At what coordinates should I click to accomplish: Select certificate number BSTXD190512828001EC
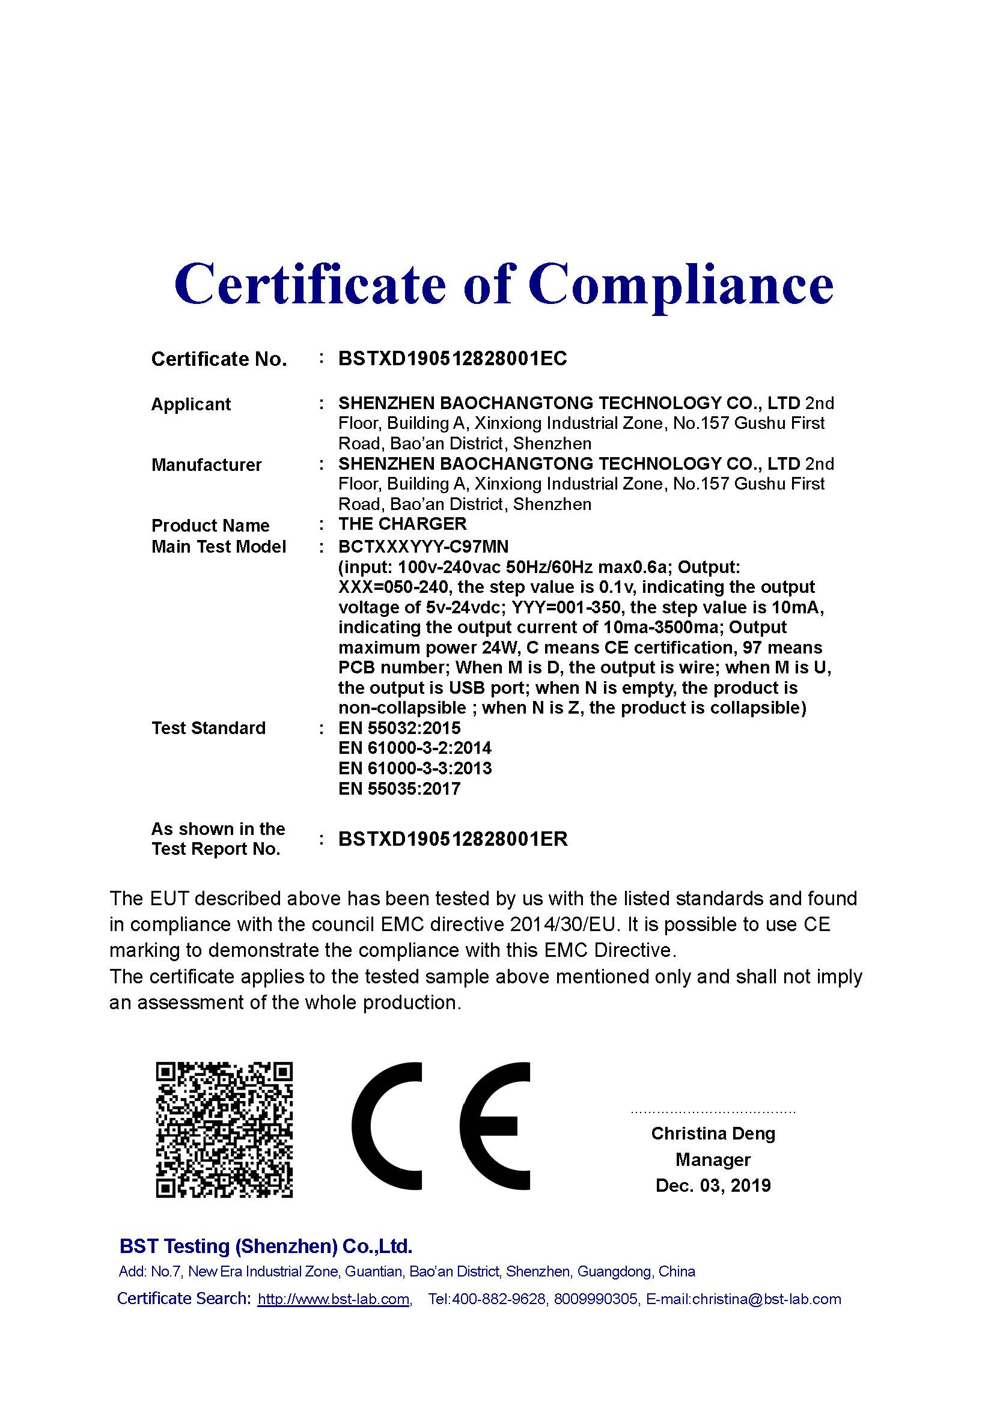coord(453,359)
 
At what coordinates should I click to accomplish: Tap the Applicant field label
coord(191,404)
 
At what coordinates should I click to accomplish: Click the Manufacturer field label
coord(206,464)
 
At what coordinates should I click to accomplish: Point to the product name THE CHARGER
coord(402,524)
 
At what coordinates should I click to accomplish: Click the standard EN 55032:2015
coord(399,727)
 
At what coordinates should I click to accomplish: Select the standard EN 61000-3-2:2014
coord(415,748)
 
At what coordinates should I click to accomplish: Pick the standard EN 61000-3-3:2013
coord(415,768)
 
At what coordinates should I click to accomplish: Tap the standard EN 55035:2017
coord(399,788)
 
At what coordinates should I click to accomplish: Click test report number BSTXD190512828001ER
coord(453,839)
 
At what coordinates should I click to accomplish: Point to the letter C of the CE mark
coord(387,1126)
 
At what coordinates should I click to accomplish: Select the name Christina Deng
coord(713,1133)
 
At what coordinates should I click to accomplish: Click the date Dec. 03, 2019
coord(713,1185)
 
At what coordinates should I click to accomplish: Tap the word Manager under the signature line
coord(713,1159)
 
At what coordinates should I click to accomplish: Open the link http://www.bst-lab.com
coord(334,1299)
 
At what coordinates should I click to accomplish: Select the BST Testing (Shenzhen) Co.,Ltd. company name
coord(266,1246)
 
